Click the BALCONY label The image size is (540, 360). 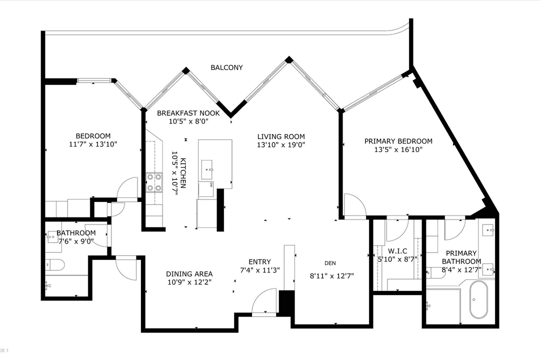pyautogui.click(x=226, y=67)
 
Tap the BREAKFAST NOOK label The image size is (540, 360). pyautogui.click(x=188, y=113)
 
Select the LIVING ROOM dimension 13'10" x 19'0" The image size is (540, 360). pyautogui.click(x=281, y=144)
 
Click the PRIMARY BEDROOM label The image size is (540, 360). pyautogui.click(x=398, y=141)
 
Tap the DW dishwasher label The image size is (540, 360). pyautogui.click(x=211, y=185)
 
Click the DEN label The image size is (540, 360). pyautogui.click(x=329, y=263)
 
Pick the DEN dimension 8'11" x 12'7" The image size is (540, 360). pyautogui.click(x=333, y=274)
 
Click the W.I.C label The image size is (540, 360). pyautogui.click(x=397, y=250)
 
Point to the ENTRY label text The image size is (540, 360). pyautogui.click(x=259, y=261)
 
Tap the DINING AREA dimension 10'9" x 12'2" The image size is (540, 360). pyautogui.click(x=189, y=282)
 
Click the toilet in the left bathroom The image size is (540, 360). pyautogui.click(x=53, y=264)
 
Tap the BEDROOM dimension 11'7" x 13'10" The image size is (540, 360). pyautogui.click(x=93, y=144)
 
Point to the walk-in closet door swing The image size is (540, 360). pyautogui.click(x=397, y=228)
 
